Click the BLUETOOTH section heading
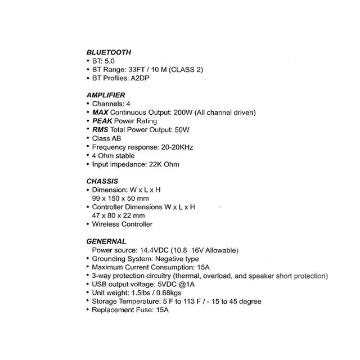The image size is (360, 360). [109, 52]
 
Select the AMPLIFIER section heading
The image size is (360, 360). [106, 95]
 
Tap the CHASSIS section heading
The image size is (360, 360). [102, 181]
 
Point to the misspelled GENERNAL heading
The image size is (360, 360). [106, 241]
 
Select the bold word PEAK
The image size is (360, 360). [102, 121]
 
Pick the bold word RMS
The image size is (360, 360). [101, 129]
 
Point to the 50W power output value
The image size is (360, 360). [181, 129]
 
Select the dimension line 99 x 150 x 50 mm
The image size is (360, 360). [120, 199]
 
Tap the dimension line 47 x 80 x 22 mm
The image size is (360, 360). [118, 215]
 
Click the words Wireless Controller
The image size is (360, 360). [122, 224]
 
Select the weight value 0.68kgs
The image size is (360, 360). [168, 293]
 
